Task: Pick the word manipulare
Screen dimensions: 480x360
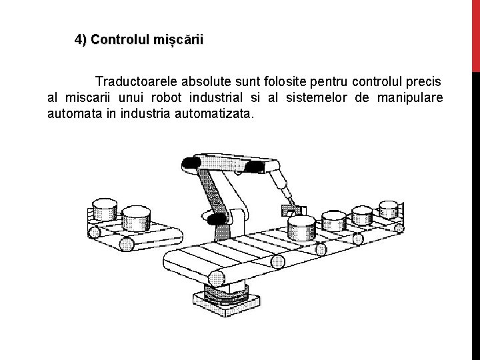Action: [409, 99]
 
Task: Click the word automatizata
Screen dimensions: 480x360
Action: [213, 114]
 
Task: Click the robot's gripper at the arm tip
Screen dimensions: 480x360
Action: [293, 210]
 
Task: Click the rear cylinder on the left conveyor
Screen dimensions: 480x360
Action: [104, 209]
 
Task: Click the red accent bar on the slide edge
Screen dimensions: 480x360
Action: [475, 33]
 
